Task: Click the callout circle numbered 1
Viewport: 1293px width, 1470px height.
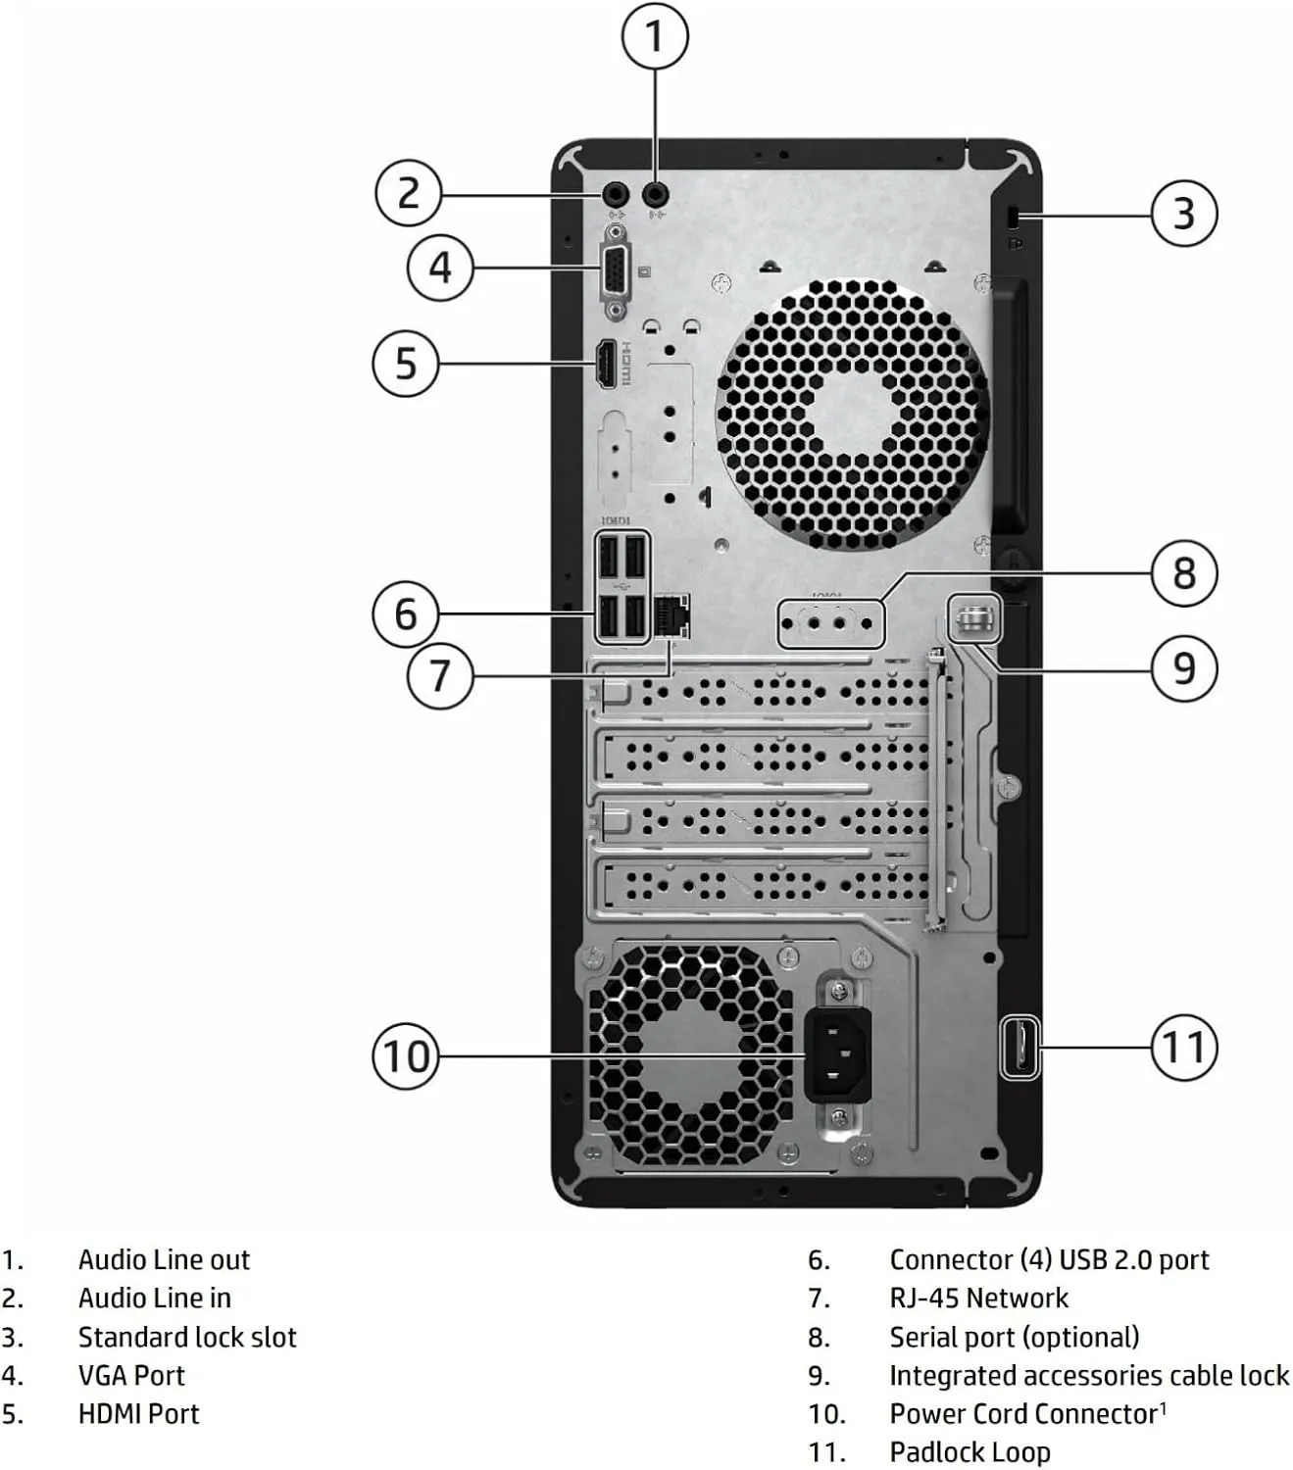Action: point(655,36)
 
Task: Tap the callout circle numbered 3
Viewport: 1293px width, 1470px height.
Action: point(1183,213)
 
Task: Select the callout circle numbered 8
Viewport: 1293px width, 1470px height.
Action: point(1183,572)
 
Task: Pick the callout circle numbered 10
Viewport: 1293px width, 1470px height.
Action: point(406,1055)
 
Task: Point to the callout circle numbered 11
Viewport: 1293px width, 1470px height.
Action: point(1183,1047)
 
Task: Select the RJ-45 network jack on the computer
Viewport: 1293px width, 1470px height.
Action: point(671,614)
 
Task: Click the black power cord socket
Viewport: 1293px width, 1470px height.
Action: point(836,1055)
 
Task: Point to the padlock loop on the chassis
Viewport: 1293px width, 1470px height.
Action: point(1019,1047)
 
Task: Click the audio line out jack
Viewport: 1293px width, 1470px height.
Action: point(655,194)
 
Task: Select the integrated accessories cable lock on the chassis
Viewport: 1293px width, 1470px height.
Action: point(974,619)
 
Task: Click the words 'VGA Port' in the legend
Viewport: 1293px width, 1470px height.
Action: point(131,1375)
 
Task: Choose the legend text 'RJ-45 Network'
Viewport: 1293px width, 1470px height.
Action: point(978,1298)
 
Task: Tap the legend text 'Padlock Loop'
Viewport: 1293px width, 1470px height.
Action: point(970,1451)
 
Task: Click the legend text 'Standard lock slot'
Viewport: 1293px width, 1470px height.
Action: point(187,1337)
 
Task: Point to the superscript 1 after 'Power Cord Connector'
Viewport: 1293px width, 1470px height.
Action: point(1163,1408)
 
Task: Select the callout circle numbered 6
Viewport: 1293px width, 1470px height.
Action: point(406,614)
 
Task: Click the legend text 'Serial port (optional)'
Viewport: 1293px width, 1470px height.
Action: point(1014,1337)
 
